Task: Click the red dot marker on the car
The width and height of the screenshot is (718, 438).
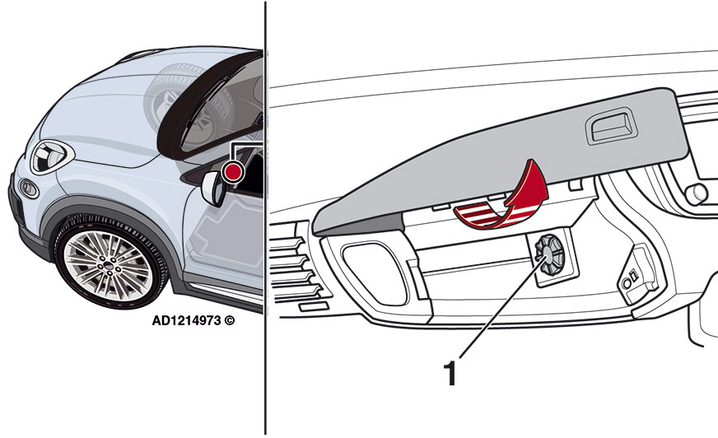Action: click(233, 171)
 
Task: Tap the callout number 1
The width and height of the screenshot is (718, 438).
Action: click(450, 374)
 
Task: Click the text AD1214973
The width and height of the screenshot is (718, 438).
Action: click(186, 320)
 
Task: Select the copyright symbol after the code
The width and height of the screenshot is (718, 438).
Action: click(230, 320)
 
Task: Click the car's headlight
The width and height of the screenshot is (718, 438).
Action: click(49, 157)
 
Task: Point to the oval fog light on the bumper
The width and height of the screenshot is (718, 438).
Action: click(28, 189)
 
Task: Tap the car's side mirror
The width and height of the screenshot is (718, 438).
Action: click(212, 189)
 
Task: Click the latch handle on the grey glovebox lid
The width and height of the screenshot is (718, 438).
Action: click(612, 128)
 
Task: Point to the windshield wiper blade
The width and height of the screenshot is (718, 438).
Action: click(206, 101)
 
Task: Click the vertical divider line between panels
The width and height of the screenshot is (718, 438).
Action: click(265, 218)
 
